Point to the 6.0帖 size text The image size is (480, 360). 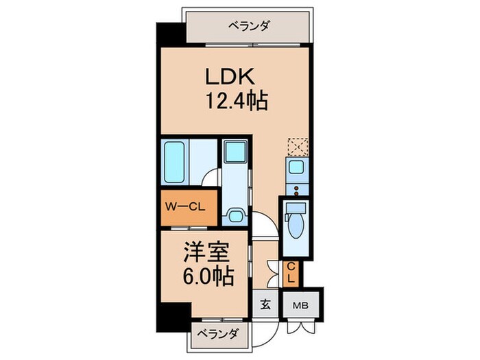[x=206, y=278]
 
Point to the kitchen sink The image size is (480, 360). [x=297, y=167]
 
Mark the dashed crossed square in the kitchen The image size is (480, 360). [x=298, y=146]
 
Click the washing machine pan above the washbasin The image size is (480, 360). [x=237, y=152]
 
